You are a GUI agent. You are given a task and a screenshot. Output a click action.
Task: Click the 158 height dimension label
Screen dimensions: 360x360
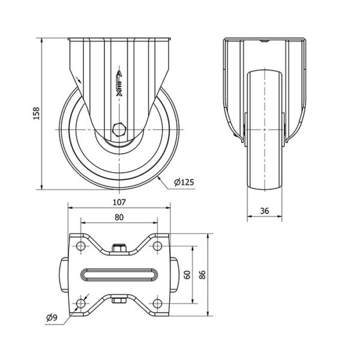coord(37,113)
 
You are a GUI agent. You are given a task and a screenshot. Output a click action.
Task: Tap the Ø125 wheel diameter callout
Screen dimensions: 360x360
coord(184,182)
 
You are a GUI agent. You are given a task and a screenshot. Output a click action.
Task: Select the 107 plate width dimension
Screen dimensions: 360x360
coord(119,202)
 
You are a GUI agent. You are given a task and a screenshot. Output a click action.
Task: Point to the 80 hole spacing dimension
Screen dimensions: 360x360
coord(119,217)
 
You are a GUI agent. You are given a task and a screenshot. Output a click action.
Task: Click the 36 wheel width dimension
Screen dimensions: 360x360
coord(265,211)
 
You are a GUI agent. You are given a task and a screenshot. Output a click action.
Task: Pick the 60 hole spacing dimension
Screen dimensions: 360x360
coord(188,275)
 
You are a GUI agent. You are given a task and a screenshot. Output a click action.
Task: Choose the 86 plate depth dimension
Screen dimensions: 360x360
coord(202,275)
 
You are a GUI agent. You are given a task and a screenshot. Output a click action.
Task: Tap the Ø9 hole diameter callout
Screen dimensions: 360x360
coord(52,318)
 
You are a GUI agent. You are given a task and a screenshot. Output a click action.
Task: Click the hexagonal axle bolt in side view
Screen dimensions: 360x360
coord(119,130)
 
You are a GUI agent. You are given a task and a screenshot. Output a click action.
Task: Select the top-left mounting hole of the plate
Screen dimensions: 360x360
coord(81,246)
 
